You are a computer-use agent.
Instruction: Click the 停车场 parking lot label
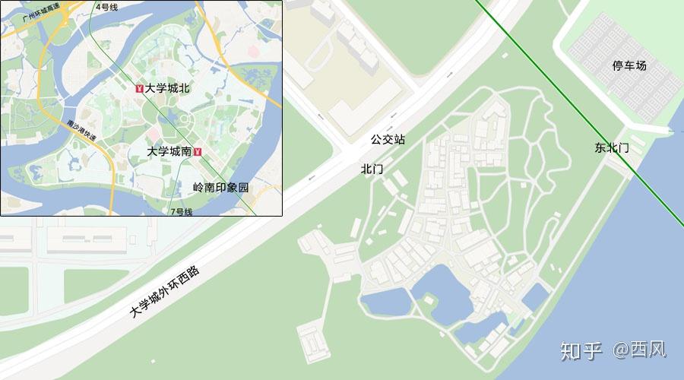point(629,66)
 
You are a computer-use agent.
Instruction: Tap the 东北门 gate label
point(612,148)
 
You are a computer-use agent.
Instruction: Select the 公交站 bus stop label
point(388,140)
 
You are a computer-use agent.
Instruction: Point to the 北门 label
point(372,169)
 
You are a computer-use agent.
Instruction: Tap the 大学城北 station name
point(167,88)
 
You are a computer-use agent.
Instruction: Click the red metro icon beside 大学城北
point(139,89)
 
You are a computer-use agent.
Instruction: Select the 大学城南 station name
point(169,151)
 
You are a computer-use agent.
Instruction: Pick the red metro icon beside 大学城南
point(198,152)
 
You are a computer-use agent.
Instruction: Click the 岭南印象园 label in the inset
point(220,187)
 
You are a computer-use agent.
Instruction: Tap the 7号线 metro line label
point(182,211)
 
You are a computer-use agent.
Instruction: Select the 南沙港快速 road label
point(82,129)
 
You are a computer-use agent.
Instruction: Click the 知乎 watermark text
point(581,350)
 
